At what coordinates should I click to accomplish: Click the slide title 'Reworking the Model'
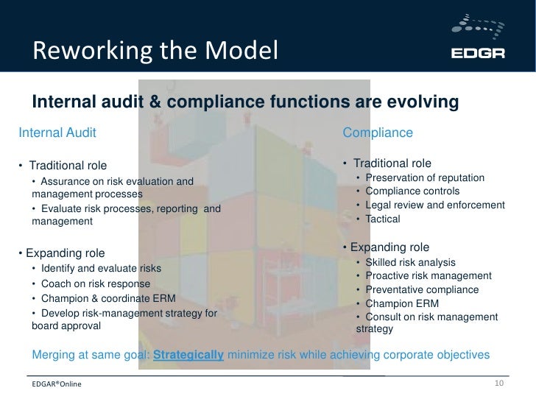point(155,52)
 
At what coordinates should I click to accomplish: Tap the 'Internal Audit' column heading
point(57,133)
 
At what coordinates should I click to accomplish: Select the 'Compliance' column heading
point(378,133)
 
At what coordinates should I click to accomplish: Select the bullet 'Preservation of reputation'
point(426,178)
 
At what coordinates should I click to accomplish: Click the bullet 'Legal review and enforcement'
point(434,205)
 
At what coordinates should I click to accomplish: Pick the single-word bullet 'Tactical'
point(383,219)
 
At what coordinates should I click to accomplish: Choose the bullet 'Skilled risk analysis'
point(410,263)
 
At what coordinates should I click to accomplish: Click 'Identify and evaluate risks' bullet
point(101,268)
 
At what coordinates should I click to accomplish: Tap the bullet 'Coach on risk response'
point(96,284)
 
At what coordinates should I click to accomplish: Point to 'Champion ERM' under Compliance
point(397,303)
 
